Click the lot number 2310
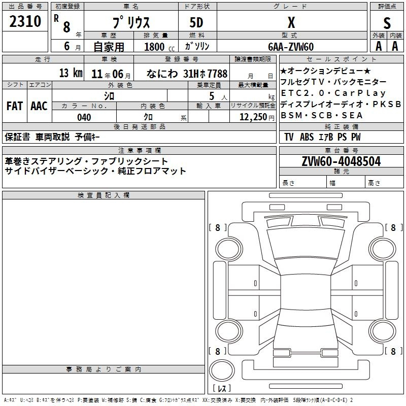25,21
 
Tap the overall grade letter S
387,23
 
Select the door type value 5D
196,23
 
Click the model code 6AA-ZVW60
291,47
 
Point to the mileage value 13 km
71,73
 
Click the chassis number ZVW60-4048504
341,161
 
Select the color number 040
84,117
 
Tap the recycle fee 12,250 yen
257,117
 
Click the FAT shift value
15,106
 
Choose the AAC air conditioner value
39,106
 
